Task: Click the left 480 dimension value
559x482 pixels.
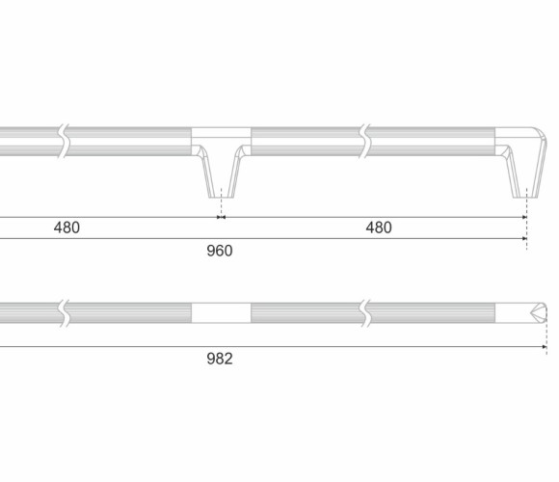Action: [x=67, y=228]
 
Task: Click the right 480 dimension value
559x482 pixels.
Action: [x=379, y=228]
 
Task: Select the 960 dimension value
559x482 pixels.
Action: [x=220, y=251]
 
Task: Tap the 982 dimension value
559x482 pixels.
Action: [x=220, y=359]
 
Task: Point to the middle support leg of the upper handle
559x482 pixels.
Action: [x=221, y=172]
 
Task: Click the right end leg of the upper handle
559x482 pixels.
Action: [x=526, y=172]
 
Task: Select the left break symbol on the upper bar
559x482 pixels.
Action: [x=64, y=141]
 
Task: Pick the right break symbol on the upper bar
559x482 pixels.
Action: [x=365, y=141]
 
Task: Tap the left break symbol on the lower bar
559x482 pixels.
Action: [x=64, y=313]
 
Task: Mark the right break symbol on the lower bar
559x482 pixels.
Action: [x=365, y=313]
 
